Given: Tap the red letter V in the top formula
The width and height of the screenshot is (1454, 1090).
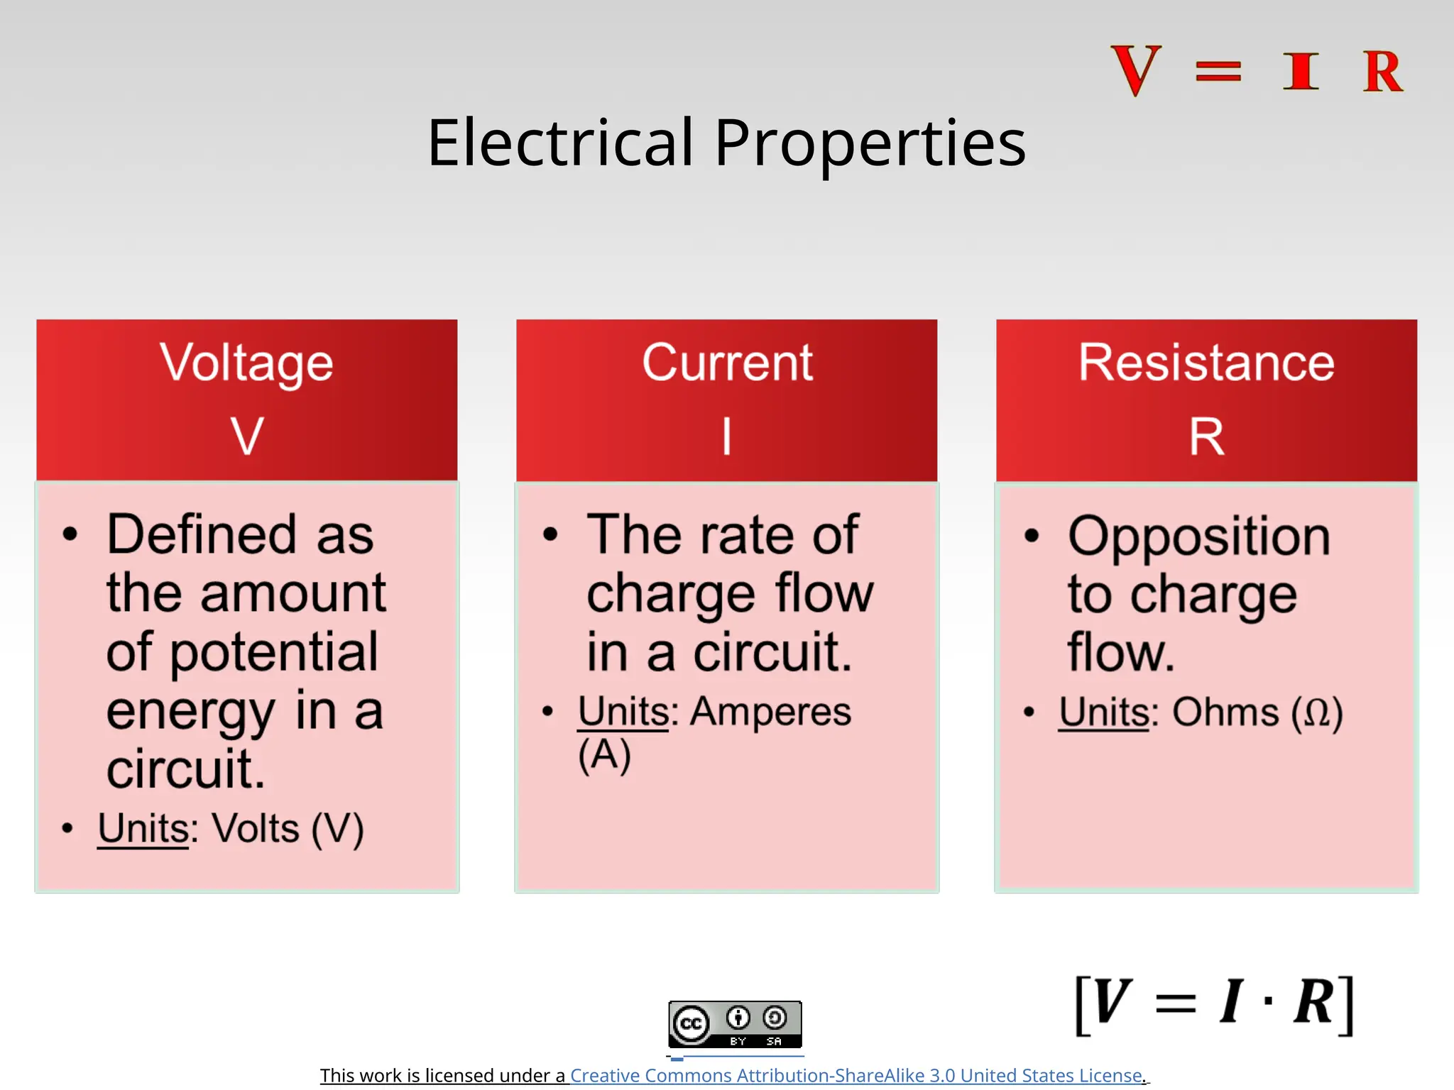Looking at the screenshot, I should click(1136, 70).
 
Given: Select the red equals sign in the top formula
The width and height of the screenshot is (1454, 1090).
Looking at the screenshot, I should click(1218, 72).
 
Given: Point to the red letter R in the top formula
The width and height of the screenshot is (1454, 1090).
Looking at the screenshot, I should click(1382, 72).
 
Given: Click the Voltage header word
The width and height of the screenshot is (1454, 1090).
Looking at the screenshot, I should click(246, 363).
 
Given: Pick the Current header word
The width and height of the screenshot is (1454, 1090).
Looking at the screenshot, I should click(727, 363).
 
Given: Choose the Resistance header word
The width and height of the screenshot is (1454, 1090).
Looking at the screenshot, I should click(1206, 363).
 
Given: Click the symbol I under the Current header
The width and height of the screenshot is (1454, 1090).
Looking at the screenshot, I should click(726, 436).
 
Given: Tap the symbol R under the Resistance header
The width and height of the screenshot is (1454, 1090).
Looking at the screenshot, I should click(1206, 437).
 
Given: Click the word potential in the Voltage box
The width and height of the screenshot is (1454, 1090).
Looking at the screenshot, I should click(273, 652).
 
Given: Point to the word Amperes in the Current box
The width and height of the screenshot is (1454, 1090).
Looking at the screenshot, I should click(770, 711).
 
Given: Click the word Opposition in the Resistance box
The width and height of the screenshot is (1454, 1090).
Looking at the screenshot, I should click(1198, 536).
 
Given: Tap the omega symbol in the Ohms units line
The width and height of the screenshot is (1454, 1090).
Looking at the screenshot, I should click(1317, 712).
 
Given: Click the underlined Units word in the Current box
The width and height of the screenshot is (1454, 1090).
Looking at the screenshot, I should click(623, 711).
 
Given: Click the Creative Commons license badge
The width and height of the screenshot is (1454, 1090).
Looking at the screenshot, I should click(735, 1024).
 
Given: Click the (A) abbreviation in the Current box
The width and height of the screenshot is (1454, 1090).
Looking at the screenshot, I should click(604, 754).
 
